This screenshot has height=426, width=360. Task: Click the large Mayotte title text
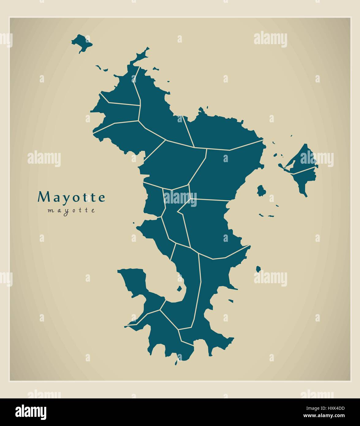71,197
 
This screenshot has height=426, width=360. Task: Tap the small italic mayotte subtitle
71,211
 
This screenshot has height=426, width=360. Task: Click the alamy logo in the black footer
31,411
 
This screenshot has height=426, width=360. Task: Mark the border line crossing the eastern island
303,170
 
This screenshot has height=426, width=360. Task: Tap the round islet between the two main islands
261,190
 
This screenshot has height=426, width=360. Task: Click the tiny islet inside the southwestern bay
179,289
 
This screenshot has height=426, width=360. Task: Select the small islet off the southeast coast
258,269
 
